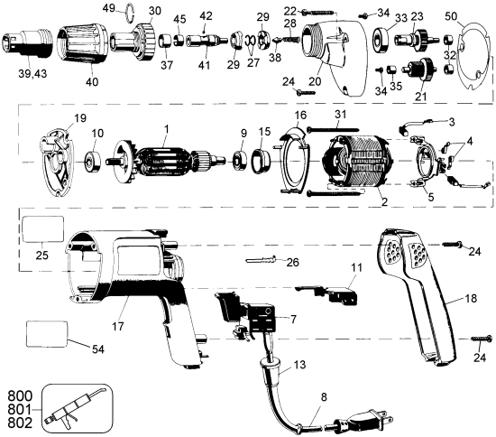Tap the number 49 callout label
[107, 8]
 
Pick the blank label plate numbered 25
[42, 229]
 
